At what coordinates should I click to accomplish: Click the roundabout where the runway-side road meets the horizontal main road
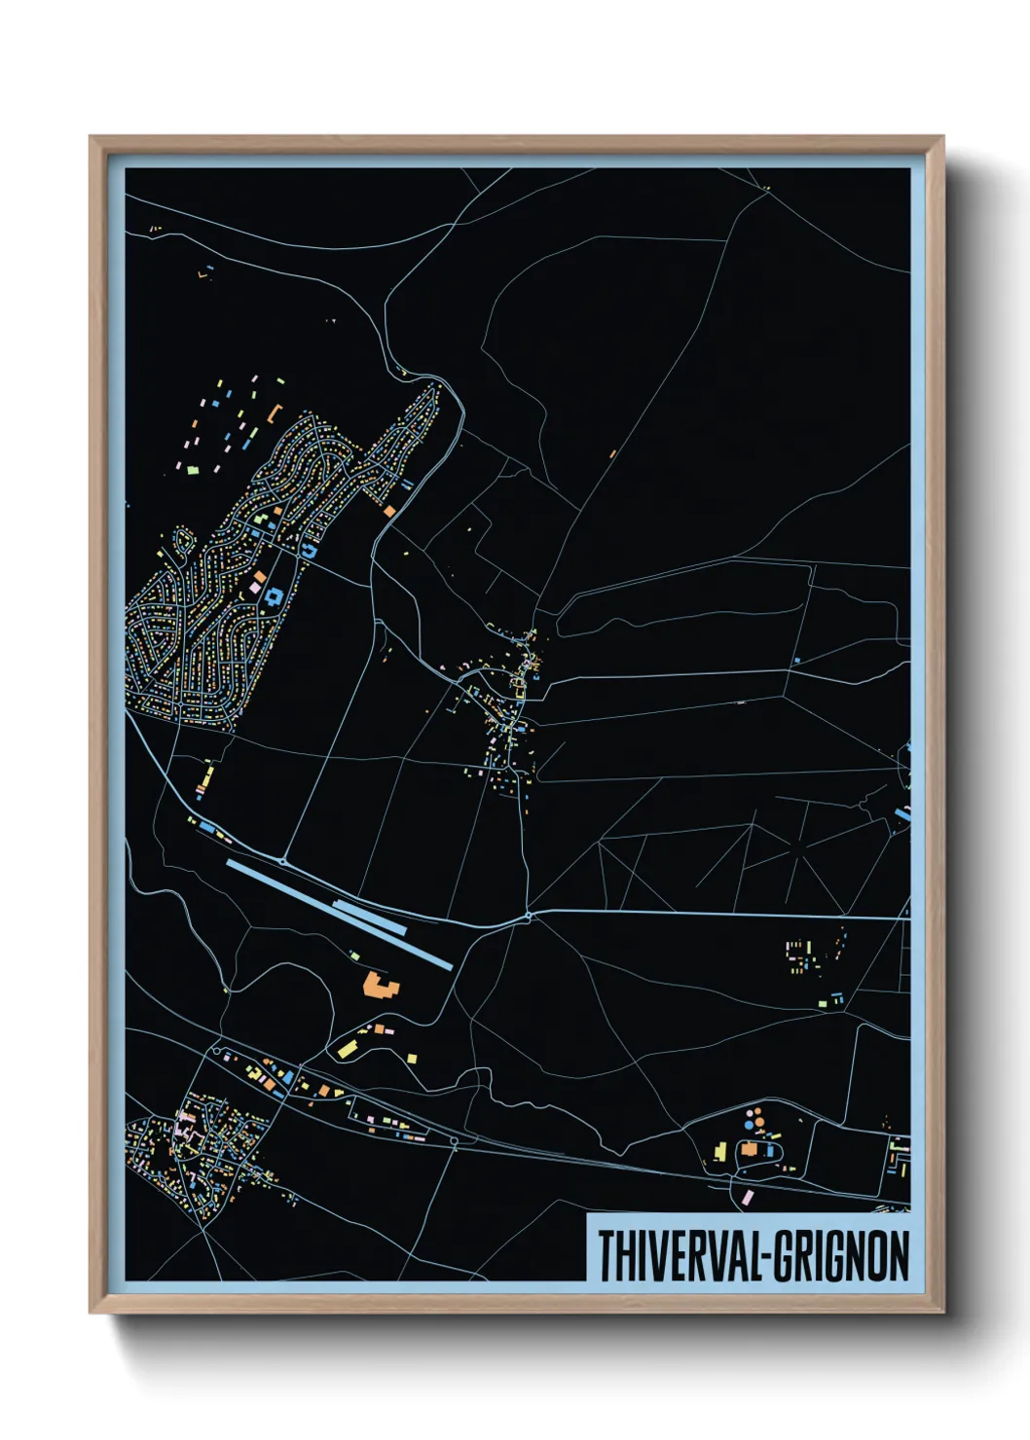pos(528,916)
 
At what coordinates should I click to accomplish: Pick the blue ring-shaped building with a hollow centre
pos(274,596)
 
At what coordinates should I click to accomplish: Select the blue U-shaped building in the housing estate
pos(311,551)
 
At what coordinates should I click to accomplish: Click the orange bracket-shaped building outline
pos(274,414)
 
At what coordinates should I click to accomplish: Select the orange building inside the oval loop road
pos(749,1149)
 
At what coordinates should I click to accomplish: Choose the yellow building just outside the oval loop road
pos(720,1152)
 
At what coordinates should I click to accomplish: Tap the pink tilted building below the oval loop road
pos(748,1196)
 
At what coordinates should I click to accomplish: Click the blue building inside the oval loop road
pos(770,1151)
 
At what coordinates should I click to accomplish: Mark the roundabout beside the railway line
pos(454,1142)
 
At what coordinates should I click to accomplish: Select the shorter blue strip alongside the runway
pos(370,918)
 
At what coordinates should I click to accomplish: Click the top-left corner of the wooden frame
pos(91,137)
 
